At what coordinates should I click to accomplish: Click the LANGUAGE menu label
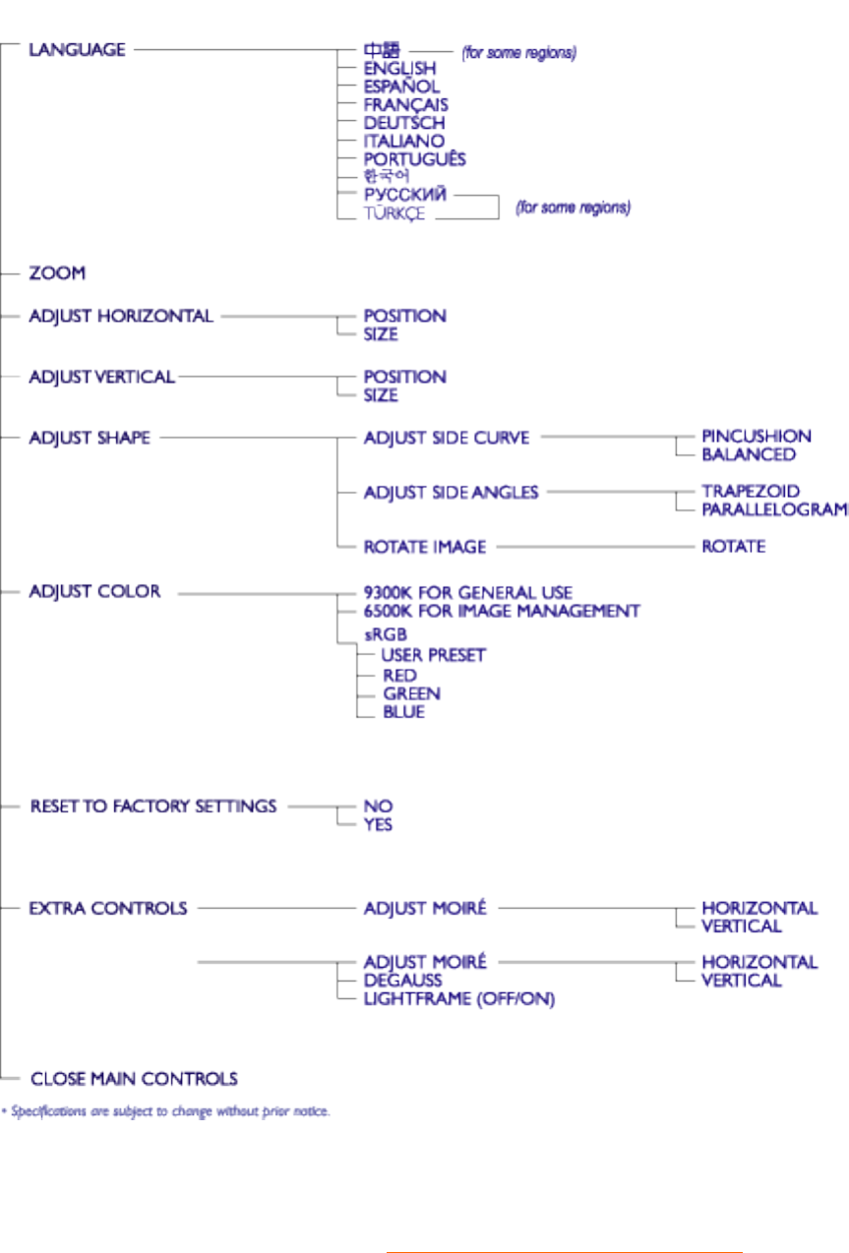pyautogui.click(x=77, y=49)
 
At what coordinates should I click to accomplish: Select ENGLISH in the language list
pyautogui.click(x=399, y=69)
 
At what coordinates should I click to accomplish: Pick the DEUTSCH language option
pyautogui.click(x=403, y=123)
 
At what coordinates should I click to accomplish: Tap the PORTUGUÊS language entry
pyautogui.click(x=414, y=159)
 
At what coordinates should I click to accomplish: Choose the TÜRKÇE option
pyautogui.click(x=394, y=213)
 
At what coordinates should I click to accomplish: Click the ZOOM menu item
pyautogui.click(x=57, y=272)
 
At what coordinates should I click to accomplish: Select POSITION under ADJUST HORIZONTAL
pyautogui.click(x=404, y=316)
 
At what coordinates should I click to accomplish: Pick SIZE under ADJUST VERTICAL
pyautogui.click(x=381, y=395)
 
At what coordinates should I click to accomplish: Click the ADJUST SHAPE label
pyautogui.click(x=90, y=438)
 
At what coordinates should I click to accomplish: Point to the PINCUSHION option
pyautogui.click(x=757, y=436)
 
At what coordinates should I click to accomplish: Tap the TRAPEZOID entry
pyautogui.click(x=751, y=491)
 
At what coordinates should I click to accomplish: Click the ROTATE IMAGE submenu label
pyautogui.click(x=425, y=546)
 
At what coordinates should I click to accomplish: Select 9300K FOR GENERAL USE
pyautogui.click(x=468, y=593)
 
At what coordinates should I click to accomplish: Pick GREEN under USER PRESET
pyautogui.click(x=411, y=693)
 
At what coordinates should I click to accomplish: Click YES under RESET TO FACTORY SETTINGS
pyautogui.click(x=378, y=824)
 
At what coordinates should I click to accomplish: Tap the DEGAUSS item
pyautogui.click(x=402, y=981)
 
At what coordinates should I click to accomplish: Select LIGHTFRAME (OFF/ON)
pyautogui.click(x=459, y=999)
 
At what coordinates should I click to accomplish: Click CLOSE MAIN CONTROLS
pyautogui.click(x=134, y=1079)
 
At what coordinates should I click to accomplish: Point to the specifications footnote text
pyautogui.click(x=165, y=1112)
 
